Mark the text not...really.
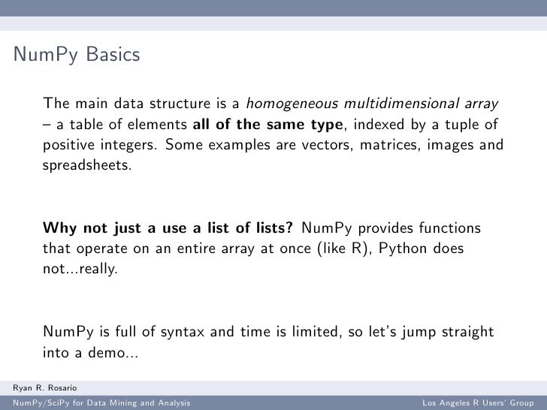[x=80, y=269]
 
